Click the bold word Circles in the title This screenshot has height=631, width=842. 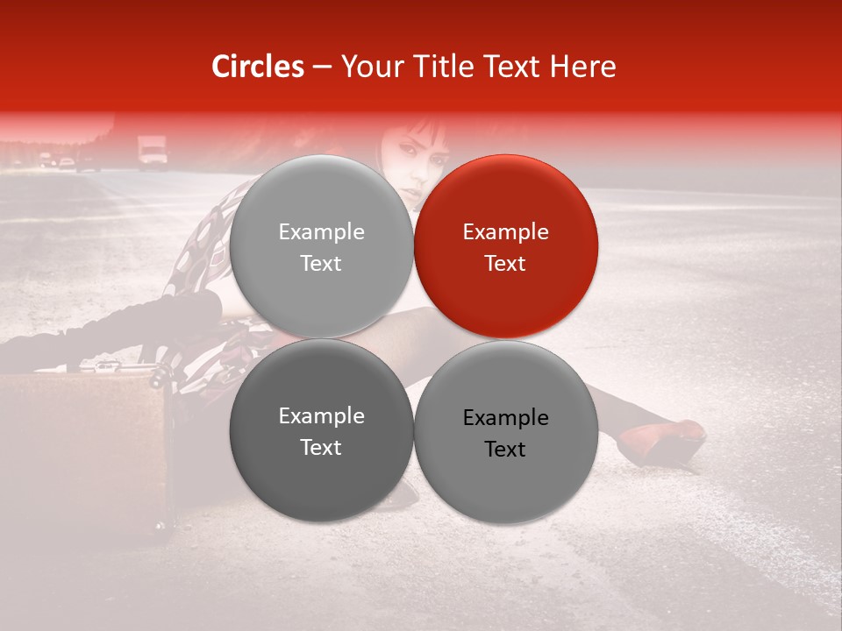(257, 67)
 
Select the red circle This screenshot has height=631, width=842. (506, 246)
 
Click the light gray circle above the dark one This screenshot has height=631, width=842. (321, 246)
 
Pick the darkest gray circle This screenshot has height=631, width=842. (321, 431)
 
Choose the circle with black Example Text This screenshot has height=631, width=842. (506, 432)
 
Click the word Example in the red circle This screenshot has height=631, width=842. (505, 231)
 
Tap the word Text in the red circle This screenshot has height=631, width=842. (505, 263)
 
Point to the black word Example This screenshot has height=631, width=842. (505, 417)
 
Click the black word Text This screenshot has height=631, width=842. (505, 449)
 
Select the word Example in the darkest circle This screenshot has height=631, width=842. (321, 415)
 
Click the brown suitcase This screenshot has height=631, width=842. (83, 447)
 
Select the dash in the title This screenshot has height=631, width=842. (321, 67)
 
